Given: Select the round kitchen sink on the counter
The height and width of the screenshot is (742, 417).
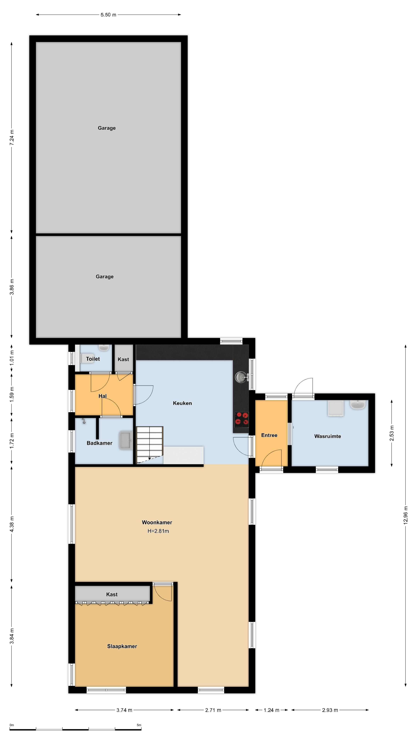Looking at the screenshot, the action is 241,377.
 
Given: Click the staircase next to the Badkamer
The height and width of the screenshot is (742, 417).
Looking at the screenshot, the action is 150,445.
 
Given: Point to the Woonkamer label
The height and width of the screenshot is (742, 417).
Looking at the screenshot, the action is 157,522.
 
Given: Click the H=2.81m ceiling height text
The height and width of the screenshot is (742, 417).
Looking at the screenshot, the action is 158,531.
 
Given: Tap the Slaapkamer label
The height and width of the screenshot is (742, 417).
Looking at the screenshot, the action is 122,646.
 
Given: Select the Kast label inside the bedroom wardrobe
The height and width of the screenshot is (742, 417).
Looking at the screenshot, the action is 112,594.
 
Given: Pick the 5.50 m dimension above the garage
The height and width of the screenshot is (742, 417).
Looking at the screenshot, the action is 108,15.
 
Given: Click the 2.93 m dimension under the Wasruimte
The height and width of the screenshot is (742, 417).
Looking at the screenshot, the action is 330,710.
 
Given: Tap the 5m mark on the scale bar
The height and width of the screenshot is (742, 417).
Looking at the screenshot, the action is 139,725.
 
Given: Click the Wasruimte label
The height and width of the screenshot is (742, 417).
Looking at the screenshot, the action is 327,436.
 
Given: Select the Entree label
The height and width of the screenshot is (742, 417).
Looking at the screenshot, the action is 269,435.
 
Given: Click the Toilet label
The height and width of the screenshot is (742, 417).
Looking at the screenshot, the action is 93,359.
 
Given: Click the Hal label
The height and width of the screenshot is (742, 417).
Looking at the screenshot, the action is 103,396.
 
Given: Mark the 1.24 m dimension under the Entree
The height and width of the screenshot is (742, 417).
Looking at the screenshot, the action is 271,710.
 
